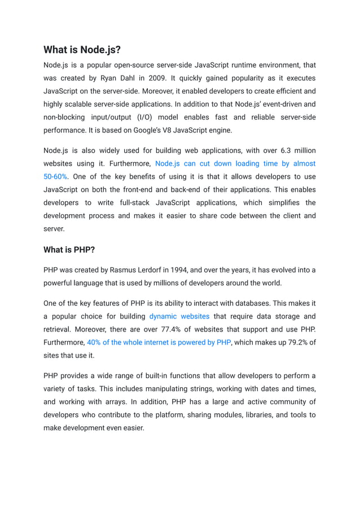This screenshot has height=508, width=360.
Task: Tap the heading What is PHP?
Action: (69, 249)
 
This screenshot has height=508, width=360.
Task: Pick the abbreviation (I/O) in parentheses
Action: (143, 117)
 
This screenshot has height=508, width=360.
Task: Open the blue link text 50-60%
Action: (55, 176)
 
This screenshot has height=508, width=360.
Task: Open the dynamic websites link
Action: (179, 316)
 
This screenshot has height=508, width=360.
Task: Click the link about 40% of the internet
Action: (159, 342)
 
